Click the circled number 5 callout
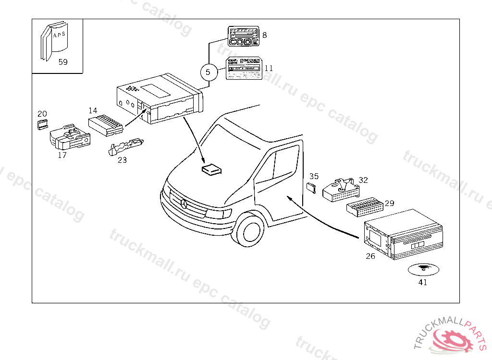coord(208,72)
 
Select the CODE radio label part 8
coord(243,36)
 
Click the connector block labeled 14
coord(106,124)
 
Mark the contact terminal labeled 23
coord(126,146)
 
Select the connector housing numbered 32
coord(341,190)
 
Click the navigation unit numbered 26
coord(402,234)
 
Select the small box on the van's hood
coord(211,169)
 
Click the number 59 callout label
coord(63,62)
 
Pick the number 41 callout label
coord(422,282)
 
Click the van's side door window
coord(284,166)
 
